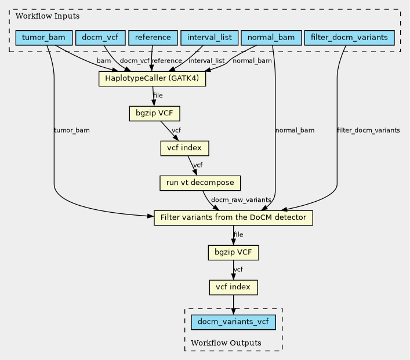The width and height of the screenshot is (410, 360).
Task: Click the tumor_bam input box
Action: pos(44,38)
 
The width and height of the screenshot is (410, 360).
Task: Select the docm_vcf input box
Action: pos(100,38)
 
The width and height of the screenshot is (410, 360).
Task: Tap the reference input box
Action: pos(153,38)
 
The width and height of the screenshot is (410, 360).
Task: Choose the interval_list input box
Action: pos(209,38)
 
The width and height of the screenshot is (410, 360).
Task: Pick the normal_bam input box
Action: pos(271,38)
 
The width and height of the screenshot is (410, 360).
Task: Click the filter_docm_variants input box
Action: pos(349,38)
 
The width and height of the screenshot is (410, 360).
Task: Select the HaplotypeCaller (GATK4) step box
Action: pos(152,78)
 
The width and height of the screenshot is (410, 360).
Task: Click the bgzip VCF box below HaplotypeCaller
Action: pos(154,114)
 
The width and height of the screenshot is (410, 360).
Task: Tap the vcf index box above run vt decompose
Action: pos(184,148)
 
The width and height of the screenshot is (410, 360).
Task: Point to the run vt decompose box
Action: pos(200,183)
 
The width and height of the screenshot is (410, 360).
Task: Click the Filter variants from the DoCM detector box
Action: pos(233,218)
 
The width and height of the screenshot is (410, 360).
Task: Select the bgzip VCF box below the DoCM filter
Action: pos(233,253)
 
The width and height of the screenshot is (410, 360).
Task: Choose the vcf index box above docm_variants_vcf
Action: pos(233,288)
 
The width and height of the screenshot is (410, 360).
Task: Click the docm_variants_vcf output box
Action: pos(233,322)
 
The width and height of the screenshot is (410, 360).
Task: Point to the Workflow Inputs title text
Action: pos(48,16)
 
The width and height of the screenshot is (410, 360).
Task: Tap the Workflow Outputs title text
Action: pos(226,343)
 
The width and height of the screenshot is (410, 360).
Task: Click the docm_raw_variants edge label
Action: pos(241,200)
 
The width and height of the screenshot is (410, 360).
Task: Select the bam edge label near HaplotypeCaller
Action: pos(104,61)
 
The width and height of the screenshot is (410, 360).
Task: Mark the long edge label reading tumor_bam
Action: pos(72,130)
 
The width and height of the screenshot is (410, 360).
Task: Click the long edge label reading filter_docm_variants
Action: pos(368,130)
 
